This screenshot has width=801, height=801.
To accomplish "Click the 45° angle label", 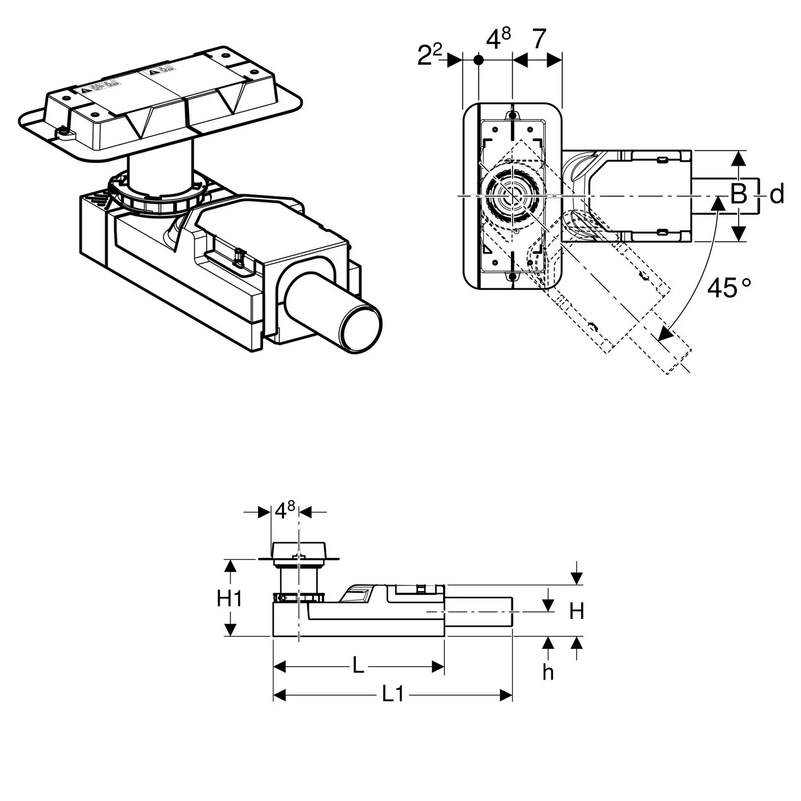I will pyautogui.click(x=728, y=288).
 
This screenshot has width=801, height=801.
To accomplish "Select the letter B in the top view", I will pyautogui.click(x=738, y=194).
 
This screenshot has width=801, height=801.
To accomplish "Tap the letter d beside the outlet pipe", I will pyautogui.click(x=777, y=194).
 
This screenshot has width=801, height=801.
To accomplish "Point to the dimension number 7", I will pyautogui.click(x=539, y=40).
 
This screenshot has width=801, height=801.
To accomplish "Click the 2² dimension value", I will pyautogui.click(x=429, y=54).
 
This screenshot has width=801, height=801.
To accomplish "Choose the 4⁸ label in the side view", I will pyautogui.click(x=285, y=511).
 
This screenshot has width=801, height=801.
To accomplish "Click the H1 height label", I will pyautogui.click(x=229, y=599).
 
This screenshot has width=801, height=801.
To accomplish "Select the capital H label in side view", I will pyautogui.click(x=576, y=611).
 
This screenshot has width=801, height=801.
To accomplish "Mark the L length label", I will pyautogui.click(x=358, y=665).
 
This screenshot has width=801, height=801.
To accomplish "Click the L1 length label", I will pyautogui.click(x=392, y=694).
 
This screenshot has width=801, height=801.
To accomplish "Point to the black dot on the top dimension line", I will pyautogui.click(x=478, y=60).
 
